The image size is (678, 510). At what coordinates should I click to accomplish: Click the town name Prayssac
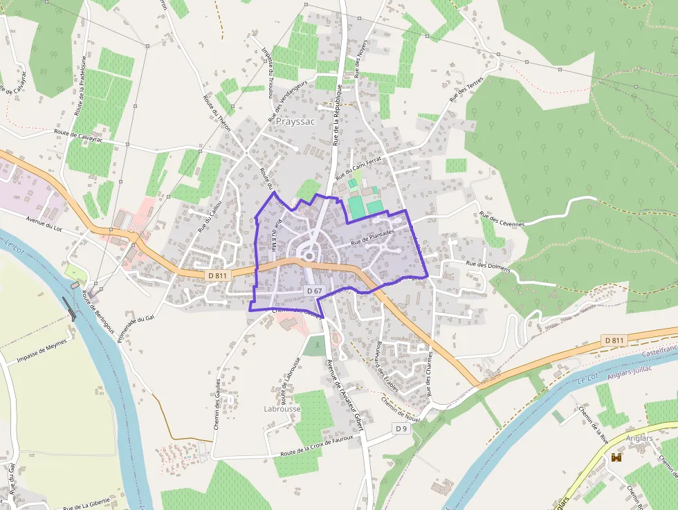[x=295, y=121]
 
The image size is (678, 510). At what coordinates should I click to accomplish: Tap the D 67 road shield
[x=314, y=291]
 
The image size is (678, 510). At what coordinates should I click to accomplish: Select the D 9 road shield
[x=401, y=429]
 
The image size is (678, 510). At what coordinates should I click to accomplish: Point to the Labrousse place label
[x=282, y=409]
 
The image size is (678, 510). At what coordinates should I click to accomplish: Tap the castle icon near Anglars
[x=616, y=457]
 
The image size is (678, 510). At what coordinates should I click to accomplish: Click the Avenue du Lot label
[x=48, y=224]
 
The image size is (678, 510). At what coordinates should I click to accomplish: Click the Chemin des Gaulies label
[x=217, y=404]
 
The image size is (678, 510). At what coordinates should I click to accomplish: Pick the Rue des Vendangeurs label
[x=290, y=100]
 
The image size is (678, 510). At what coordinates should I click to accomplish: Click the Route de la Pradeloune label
[x=81, y=85]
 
